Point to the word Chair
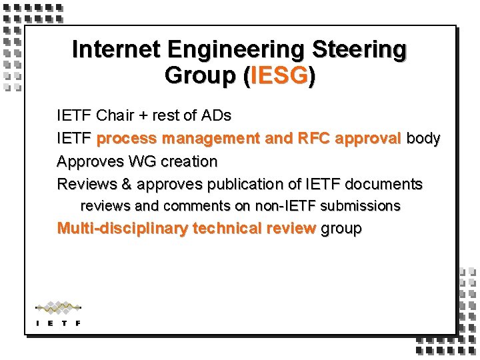click(115, 115)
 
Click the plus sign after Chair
click(143, 116)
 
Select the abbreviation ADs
click(216, 115)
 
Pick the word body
click(423, 139)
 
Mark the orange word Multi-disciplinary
click(123, 229)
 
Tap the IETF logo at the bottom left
click(59, 313)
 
